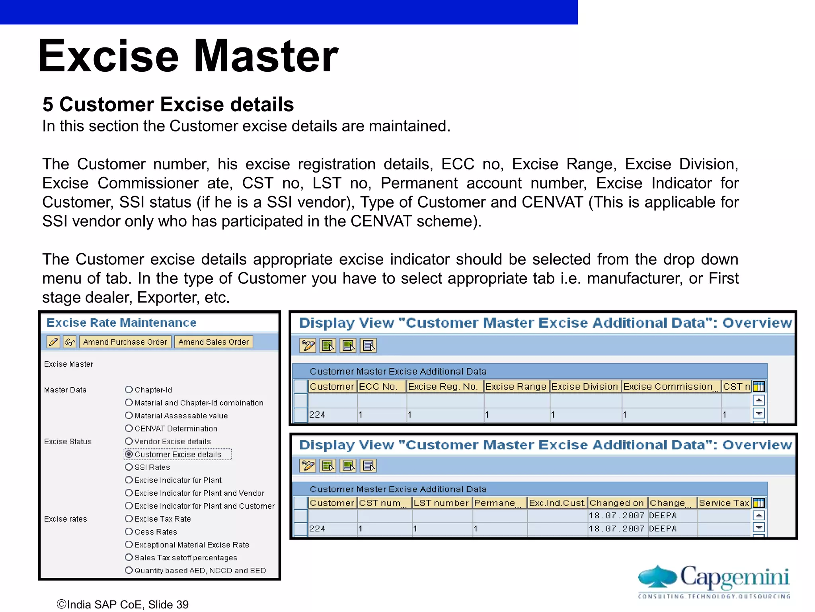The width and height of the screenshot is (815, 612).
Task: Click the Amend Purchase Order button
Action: click(125, 342)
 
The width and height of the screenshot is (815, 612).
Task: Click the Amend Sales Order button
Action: click(213, 342)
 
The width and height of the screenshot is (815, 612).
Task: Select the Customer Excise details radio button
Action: click(129, 454)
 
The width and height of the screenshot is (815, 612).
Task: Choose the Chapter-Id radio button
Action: click(129, 390)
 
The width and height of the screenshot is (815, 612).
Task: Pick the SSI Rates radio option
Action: click(129, 467)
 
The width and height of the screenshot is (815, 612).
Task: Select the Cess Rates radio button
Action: click(129, 532)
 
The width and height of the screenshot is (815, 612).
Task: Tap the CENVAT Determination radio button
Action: click(129, 428)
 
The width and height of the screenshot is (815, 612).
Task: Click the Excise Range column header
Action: click(516, 386)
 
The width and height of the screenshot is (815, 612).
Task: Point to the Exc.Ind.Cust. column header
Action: click(557, 503)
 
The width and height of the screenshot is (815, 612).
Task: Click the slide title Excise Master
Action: click(188, 56)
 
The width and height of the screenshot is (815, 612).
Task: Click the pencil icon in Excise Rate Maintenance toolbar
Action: click(53, 342)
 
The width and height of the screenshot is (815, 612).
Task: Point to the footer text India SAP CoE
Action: click(123, 604)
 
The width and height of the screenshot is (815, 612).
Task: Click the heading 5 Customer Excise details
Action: click(168, 104)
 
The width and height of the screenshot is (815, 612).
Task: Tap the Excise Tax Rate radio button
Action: click(129, 519)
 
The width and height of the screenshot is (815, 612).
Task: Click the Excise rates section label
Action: click(66, 519)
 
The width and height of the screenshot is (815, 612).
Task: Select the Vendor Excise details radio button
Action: click(129, 441)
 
